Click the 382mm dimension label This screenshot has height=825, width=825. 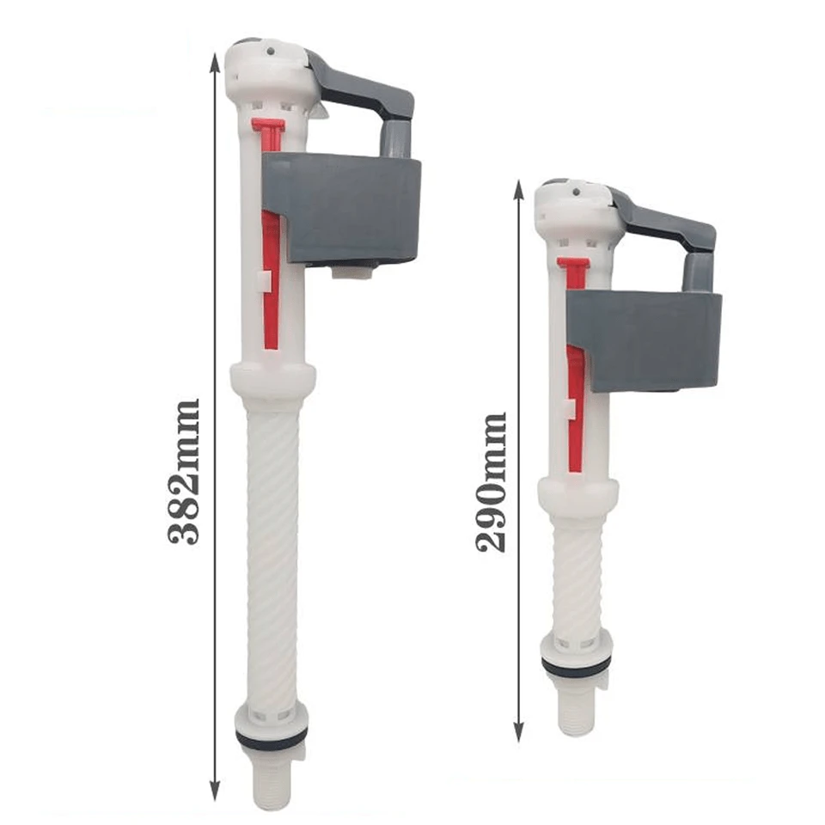click(184, 471)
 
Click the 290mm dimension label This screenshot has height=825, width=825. click(492, 481)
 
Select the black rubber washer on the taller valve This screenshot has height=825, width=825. click(272, 738)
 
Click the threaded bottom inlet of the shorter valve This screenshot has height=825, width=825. click(576, 709)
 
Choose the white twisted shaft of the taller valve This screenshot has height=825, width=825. click(272, 550)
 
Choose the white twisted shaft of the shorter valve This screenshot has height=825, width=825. click(577, 576)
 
